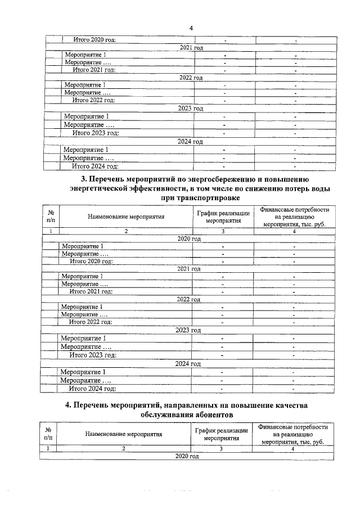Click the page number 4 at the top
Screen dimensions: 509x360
tap(191, 28)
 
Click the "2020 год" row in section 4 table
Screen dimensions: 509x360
tap(187, 457)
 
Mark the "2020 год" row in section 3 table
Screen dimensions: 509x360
tap(189, 239)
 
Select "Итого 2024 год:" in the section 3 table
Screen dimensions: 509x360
tap(92, 388)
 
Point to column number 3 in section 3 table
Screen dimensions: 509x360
tap(223, 231)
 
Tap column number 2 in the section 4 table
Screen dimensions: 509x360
tap(124, 449)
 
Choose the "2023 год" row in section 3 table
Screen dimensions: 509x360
tap(189, 330)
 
